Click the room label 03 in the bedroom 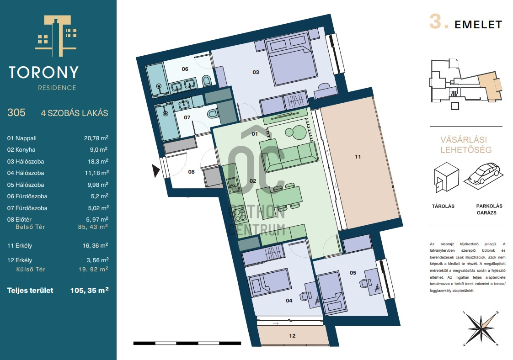pyautogui.click(x=256, y=72)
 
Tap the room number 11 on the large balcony pyautogui.click(x=358, y=157)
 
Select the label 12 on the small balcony pyautogui.click(x=292, y=335)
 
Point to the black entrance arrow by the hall pyautogui.click(x=156, y=171)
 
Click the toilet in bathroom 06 pyautogui.click(x=206, y=81)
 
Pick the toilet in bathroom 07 pyautogui.click(x=213, y=114)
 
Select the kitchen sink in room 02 pyautogui.click(x=234, y=185)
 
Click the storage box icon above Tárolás pyautogui.click(x=446, y=177)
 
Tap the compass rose pyautogui.click(x=481, y=328)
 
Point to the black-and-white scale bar pyautogui.click(x=187, y=343)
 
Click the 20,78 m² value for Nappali pyautogui.click(x=96, y=138)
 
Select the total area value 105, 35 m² pyautogui.click(x=89, y=290)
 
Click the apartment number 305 pyautogui.click(x=16, y=112)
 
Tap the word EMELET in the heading pyautogui.click(x=478, y=25)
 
